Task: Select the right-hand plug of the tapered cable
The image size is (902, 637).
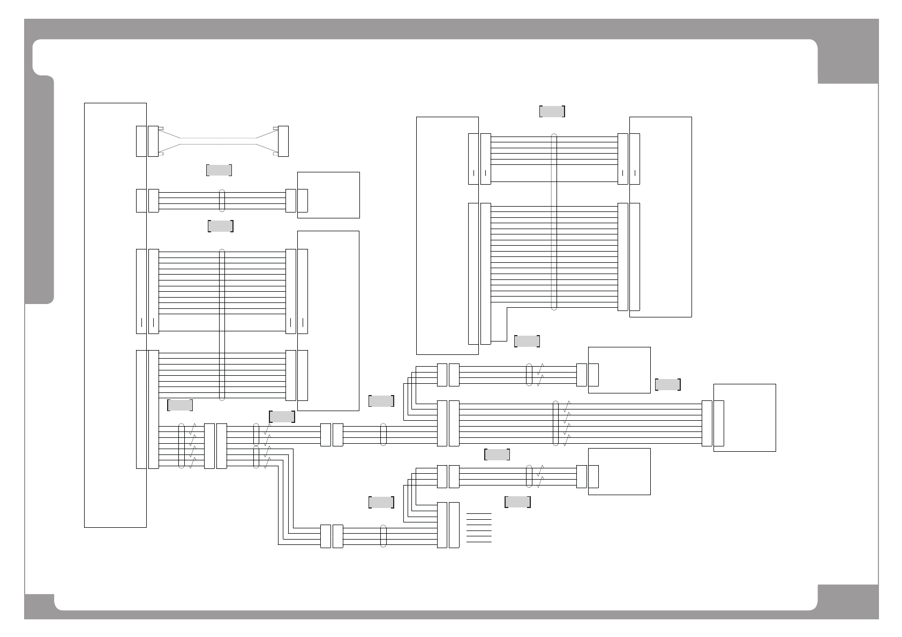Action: coord(283,141)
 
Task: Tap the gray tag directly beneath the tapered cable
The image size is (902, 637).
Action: coord(219,170)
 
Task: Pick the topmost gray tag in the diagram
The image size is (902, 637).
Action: coord(552,111)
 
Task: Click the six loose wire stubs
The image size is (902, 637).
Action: coord(479,528)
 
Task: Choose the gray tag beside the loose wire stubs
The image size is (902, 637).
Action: coord(517,502)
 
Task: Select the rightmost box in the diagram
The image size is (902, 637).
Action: coord(745,418)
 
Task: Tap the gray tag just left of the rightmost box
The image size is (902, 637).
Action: coord(667,384)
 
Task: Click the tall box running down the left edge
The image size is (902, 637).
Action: coord(115,315)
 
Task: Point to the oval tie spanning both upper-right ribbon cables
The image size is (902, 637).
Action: coord(554,221)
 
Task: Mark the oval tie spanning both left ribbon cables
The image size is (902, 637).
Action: coord(222,324)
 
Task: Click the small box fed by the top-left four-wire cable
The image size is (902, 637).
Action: coord(328,195)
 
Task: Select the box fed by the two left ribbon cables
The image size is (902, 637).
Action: coord(328,321)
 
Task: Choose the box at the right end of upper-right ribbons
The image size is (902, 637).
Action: coord(660,217)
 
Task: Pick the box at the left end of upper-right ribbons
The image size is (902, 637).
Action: coord(447,236)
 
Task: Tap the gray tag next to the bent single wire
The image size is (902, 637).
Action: coord(527,341)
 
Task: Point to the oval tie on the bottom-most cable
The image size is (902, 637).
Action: coord(383,536)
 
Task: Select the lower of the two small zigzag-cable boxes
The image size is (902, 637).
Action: coord(619,471)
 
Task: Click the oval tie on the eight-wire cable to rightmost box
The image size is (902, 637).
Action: coord(555,423)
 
